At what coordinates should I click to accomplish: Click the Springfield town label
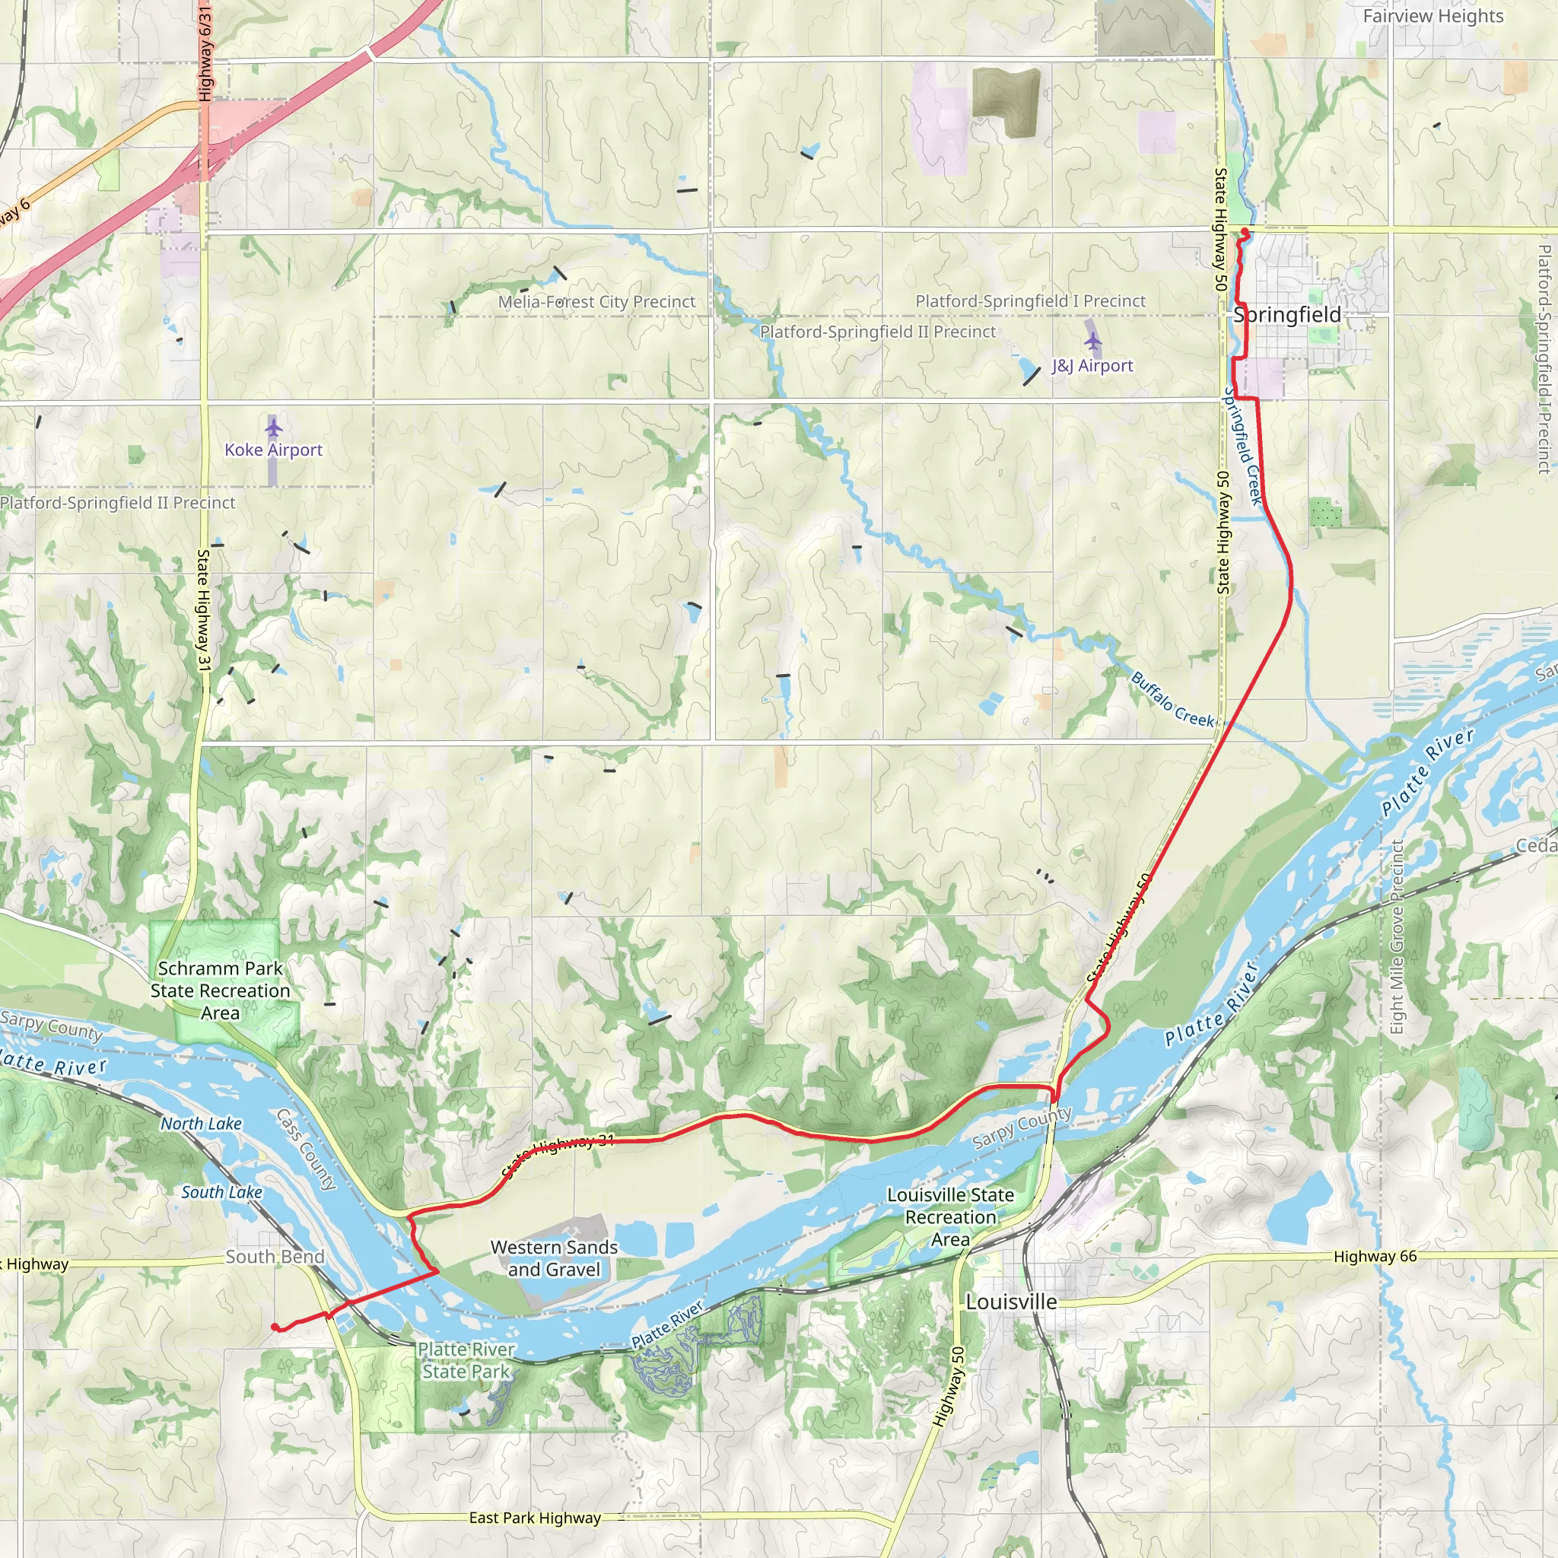point(1287,315)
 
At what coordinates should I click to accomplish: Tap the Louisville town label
point(1011,1302)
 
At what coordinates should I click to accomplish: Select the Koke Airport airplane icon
point(273,427)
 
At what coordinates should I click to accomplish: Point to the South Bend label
point(275,1257)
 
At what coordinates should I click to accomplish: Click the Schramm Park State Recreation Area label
point(220,990)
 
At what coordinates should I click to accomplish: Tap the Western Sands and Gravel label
point(554,1258)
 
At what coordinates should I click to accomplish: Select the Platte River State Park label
point(466,1359)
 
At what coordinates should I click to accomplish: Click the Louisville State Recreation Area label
point(951,1217)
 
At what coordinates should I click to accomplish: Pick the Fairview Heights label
point(1433,16)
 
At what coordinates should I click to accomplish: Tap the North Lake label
point(201,1124)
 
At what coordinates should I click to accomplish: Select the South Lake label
point(222,1192)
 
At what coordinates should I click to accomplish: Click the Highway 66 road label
point(1375,1257)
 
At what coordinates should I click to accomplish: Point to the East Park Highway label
point(535,1518)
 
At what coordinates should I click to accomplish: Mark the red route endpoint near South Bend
point(274,1327)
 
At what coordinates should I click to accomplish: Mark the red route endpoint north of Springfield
point(1245,232)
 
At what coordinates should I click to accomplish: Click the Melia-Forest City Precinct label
point(596,301)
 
